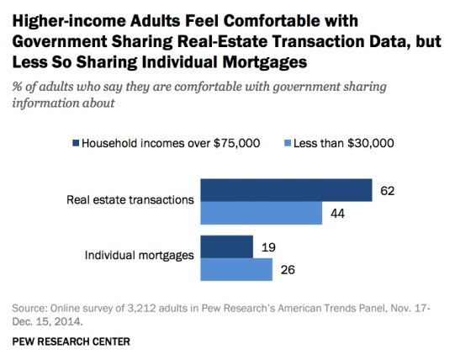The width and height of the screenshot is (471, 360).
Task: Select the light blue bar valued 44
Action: [260, 214]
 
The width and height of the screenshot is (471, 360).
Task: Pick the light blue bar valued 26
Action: [235, 269]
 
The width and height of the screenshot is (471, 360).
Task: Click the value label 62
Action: [388, 191]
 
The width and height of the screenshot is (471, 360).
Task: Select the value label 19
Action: [269, 247]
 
